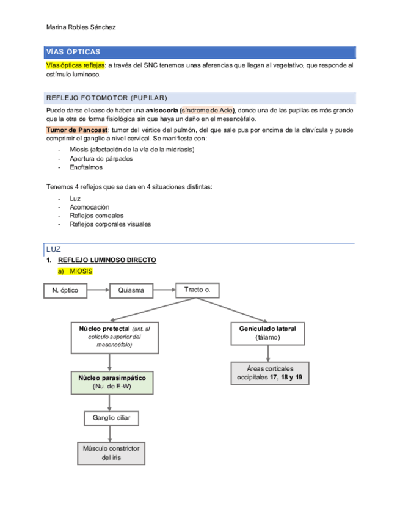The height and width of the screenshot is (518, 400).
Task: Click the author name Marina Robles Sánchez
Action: pos(81,27)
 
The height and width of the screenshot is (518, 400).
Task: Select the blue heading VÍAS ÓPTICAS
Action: pos(73,52)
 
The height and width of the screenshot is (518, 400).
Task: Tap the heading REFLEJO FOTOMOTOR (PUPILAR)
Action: pos(107,98)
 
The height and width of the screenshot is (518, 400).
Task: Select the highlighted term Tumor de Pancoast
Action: pos(77,130)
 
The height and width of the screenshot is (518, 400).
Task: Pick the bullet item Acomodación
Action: pos(90,207)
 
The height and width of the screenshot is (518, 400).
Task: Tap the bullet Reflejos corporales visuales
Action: pos(110,224)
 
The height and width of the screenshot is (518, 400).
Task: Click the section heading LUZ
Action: pos(54,249)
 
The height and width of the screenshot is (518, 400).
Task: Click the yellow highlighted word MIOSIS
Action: pos(81,271)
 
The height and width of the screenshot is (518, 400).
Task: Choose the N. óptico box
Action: pos(65,290)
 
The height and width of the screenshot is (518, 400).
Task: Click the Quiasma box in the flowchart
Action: pos(131,290)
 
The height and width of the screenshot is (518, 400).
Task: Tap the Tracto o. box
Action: pos(197,290)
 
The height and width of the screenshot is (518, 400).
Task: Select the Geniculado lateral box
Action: pos(269,332)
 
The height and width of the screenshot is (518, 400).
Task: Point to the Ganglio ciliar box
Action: pos(111,418)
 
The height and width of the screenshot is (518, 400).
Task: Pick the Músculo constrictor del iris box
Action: pos(111,453)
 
